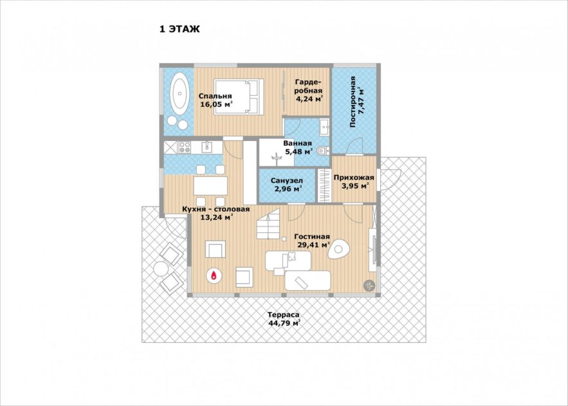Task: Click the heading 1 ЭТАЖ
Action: (179, 29)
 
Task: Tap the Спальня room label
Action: (215, 96)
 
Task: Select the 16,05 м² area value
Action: (216, 104)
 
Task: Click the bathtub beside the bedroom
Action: (179, 93)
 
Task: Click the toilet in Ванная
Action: (323, 151)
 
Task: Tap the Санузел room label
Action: (287, 180)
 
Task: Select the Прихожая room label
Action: (354, 178)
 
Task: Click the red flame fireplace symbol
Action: (214, 275)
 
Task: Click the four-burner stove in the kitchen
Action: (185, 147)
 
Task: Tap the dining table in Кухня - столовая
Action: (210, 185)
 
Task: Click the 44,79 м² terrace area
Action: (284, 323)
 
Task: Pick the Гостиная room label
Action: (312, 237)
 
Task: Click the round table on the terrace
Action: (160, 269)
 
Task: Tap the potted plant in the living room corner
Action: (369, 286)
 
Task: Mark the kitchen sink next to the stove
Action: (207, 147)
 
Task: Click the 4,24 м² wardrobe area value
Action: (309, 99)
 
